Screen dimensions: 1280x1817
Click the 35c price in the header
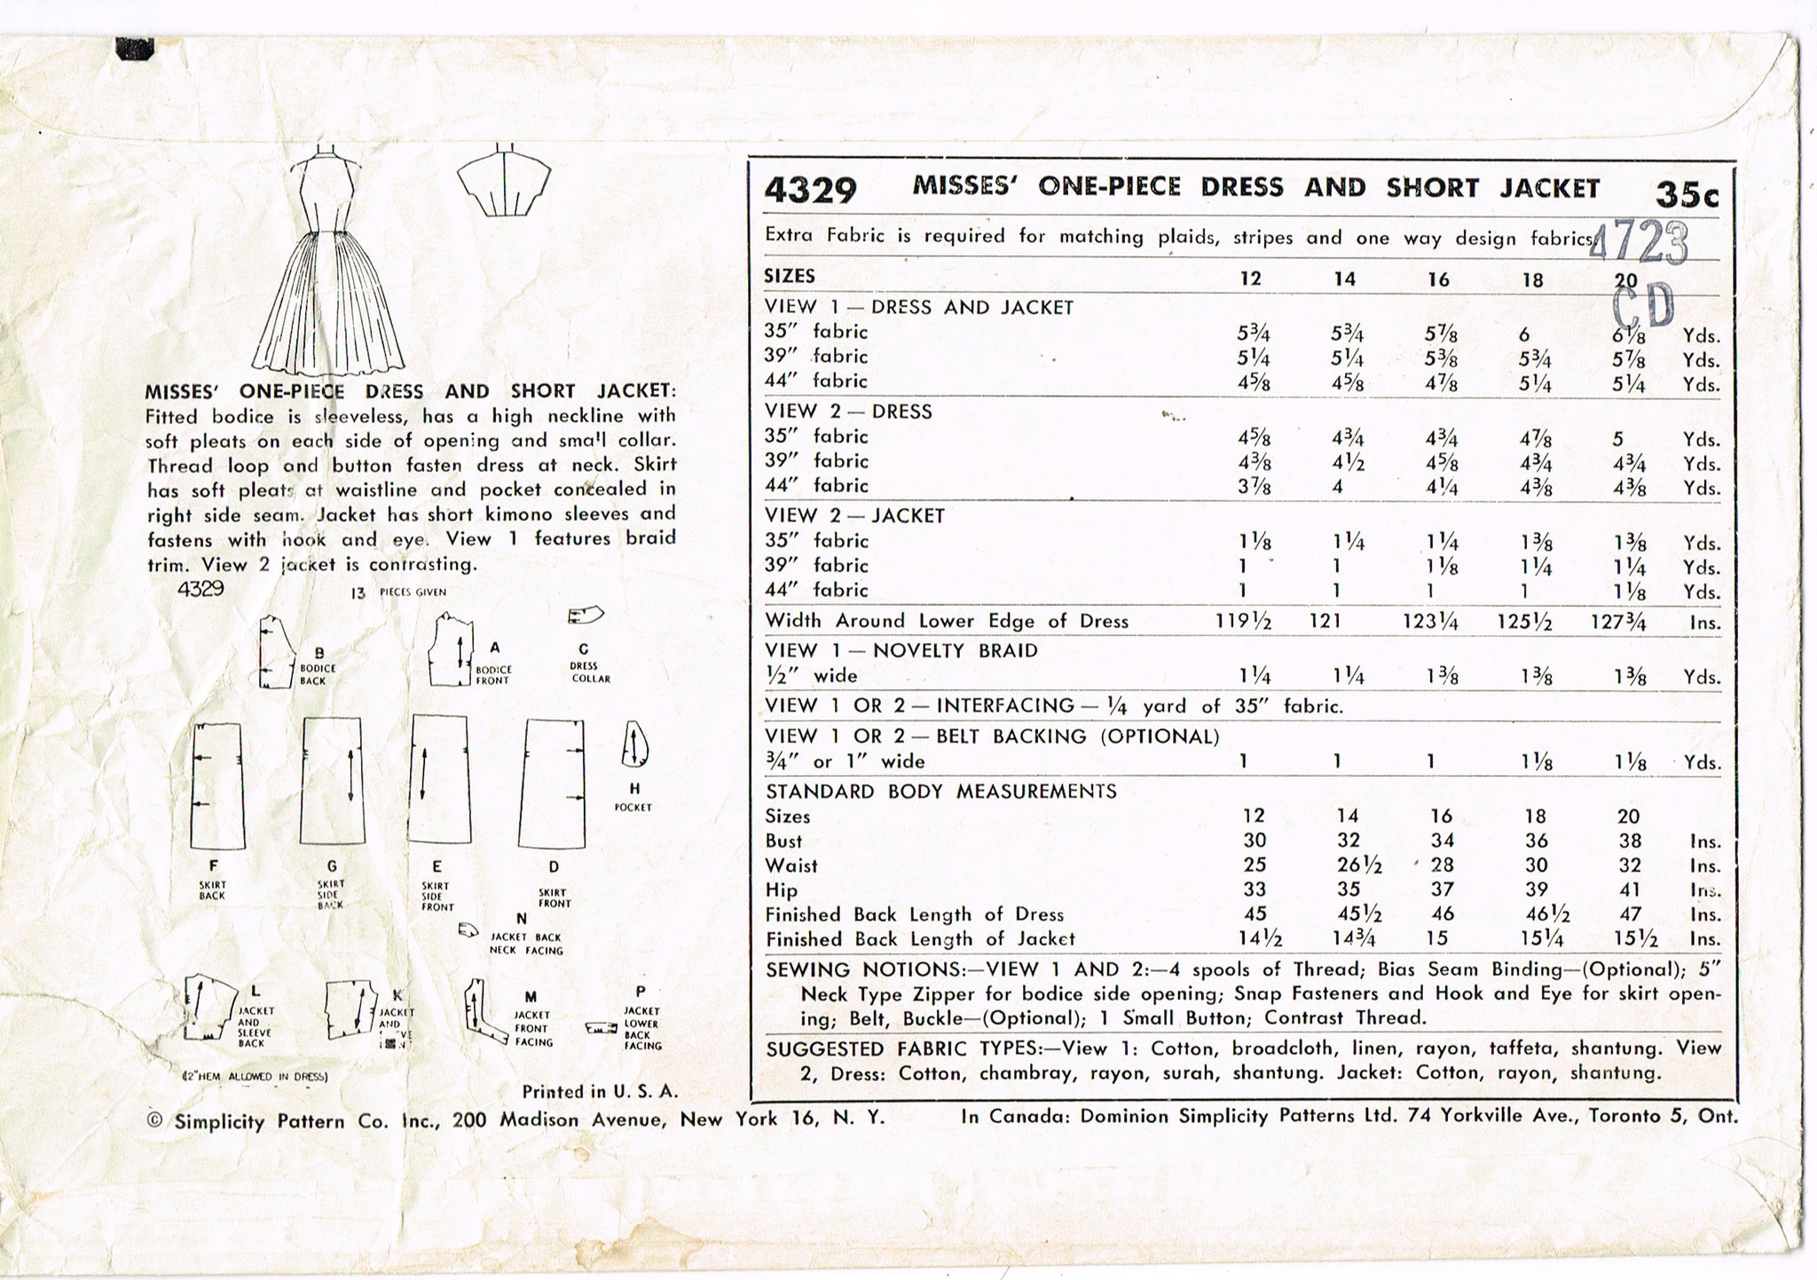pyautogui.click(x=1686, y=194)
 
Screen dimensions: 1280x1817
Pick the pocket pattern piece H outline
pyautogui.click(x=635, y=744)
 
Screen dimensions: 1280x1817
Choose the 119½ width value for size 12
pyautogui.click(x=1243, y=622)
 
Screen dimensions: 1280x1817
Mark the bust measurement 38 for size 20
pyautogui.click(x=1629, y=841)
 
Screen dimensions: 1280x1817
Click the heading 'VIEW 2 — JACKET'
pyautogui.click(x=854, y=515)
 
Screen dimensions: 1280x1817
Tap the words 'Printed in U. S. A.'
pyautogui.click(x=600, y=1091)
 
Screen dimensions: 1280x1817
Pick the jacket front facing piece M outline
pyautogui.click(x=479, y=1009)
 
